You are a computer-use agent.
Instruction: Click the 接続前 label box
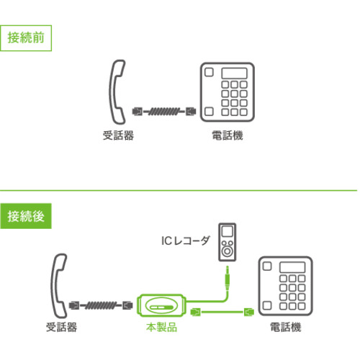pos(26,38)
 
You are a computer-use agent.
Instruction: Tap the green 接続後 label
pos(26,216)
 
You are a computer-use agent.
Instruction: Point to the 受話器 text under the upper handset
pos(118,135)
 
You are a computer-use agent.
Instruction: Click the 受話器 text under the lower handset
pos(62,327)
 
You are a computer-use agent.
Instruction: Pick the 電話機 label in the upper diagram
pos(228,135)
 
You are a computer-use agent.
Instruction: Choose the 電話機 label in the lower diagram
pos(286,327)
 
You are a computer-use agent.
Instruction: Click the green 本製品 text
pos(162,327)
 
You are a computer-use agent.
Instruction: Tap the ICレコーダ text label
pos(186,240)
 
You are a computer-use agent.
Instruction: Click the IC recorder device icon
pos(228,242)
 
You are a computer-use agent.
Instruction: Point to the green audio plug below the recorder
pos(228,279)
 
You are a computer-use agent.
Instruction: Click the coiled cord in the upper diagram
pos(164,112)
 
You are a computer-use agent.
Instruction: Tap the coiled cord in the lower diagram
pos(101,305)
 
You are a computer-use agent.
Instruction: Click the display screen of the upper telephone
pos(234,73)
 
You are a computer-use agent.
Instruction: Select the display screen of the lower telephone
pos(292,267)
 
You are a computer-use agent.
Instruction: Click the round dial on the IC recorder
pos(227,251)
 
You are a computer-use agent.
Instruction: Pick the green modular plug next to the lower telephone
pos(249,312)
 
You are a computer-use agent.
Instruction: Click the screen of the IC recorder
pos(227,231)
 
